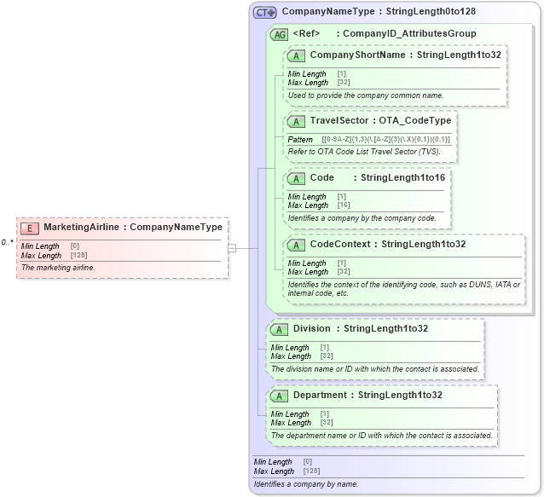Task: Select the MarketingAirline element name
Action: coord(82,228)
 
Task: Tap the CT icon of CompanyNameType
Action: coord(264,13)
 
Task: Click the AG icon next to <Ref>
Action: coord(279,34)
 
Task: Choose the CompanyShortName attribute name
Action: coord(357,55)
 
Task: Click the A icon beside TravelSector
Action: coord(296,122)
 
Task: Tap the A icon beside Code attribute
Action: coord(296,178)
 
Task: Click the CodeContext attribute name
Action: coord(339,245)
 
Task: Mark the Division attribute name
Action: coord(311,328)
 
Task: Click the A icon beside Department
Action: coord(279,396)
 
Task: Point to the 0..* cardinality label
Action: coord(8,242)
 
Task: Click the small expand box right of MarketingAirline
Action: coord(231,248)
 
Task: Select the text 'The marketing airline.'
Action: coord(58,268)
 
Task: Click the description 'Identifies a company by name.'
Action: coord(306,484)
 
